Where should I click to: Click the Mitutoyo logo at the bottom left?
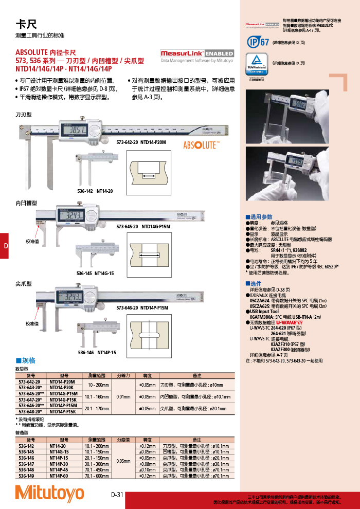click(x=49, y=493)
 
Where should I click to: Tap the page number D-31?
click(x=117, y=495)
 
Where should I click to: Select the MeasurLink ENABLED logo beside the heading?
click(x=196, y=53)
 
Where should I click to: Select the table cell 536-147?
click(x=30, y=463)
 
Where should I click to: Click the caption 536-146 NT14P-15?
click(x=97, y=353)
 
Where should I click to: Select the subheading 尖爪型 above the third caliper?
click(x=24, y=284)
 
